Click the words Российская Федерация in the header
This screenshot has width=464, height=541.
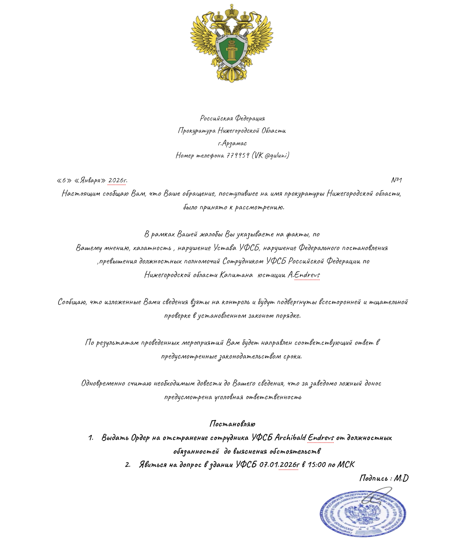(x=232, y=118)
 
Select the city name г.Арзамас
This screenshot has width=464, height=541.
(x=232, y=143)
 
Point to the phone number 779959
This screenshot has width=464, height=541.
(x=238, y=156)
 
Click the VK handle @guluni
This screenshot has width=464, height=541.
(x=277, y=156)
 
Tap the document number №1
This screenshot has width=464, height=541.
(x=396, y=180)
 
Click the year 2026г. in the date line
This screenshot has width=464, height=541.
(x=118, y=180)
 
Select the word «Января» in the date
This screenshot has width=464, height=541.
(x=90, y=180)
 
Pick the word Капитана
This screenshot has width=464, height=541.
(x=236, y=275)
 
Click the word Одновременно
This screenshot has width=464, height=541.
(x=103, y=383)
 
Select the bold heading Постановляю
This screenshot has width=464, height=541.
(x=232, y=424)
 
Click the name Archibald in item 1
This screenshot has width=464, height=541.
(x=290, y=438)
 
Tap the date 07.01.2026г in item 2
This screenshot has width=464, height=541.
(x=279, y=465)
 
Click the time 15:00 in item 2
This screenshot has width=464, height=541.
(x=316, y=465)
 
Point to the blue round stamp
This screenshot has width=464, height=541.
(x=362, y=513)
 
